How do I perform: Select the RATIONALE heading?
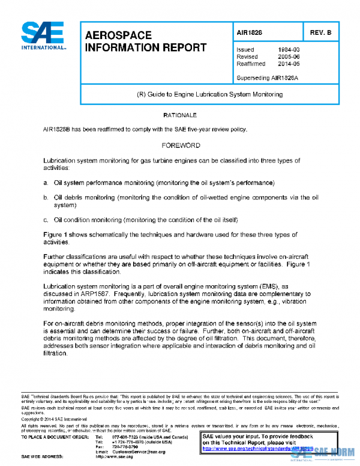tap(180, 114)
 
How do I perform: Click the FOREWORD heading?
tap(181, 145)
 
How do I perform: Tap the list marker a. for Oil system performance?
tap(46, 183)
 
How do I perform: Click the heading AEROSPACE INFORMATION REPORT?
tap(142, 41)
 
